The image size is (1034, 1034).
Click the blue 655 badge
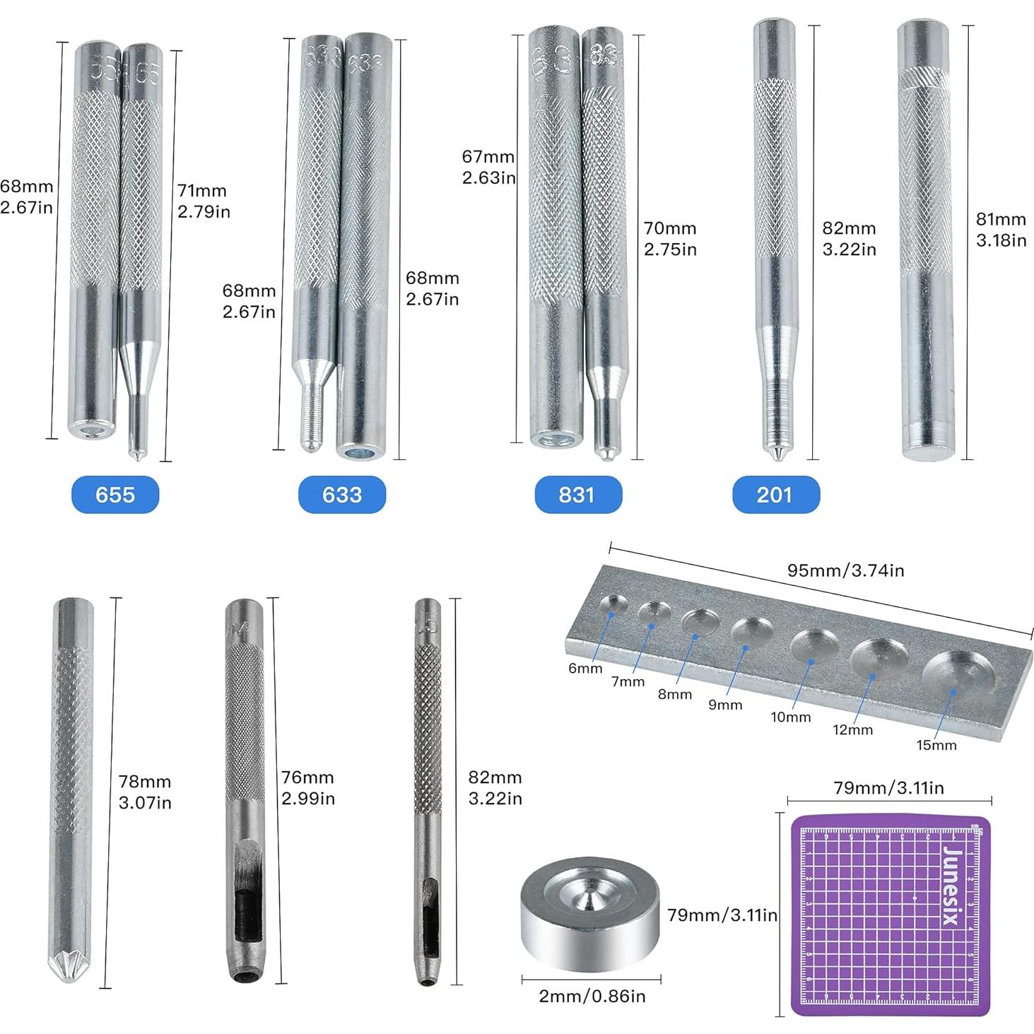[x=115, y=494]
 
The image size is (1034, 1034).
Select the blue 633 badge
[x=342, y=494]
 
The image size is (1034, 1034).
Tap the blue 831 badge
[x=577, y=494]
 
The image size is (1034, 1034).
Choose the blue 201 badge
[x=775, y=494]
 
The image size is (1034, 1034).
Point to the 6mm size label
[x=585, y=668]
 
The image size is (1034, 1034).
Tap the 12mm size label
[x=852, y=729]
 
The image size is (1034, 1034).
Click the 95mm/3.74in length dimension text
[x=845, y=570]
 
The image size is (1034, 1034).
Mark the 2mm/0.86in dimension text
[x=592, y=996]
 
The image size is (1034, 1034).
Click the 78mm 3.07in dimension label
[x=145, y=792]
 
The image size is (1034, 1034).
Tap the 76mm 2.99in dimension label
[x=307, y=788]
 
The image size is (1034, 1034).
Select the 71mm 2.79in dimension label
[x=204, y=201]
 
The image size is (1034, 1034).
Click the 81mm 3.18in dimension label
[x=1001, y=230]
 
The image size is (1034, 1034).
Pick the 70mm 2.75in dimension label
[x=670, y=239]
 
